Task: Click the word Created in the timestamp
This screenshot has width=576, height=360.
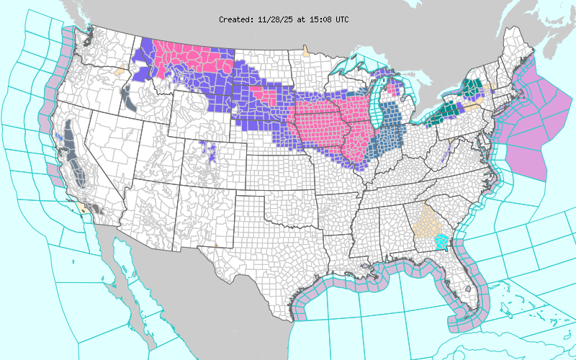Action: coord(237,19)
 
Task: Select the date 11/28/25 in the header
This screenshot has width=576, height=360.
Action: coord(274,19)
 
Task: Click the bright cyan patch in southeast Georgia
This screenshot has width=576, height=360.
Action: coord(441,241)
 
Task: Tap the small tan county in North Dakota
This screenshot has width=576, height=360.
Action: coord(306,51)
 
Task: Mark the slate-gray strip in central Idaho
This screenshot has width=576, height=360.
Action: coord(130,101)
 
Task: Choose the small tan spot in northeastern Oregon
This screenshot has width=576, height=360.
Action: coord(120,72)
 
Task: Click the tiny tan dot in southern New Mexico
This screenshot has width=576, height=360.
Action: coord(217,246)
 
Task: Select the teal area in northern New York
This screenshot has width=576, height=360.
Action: coord(472,88)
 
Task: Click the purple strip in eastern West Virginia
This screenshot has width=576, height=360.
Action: coord(448,150)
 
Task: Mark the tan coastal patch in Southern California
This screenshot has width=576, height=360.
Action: coord(87,209)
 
